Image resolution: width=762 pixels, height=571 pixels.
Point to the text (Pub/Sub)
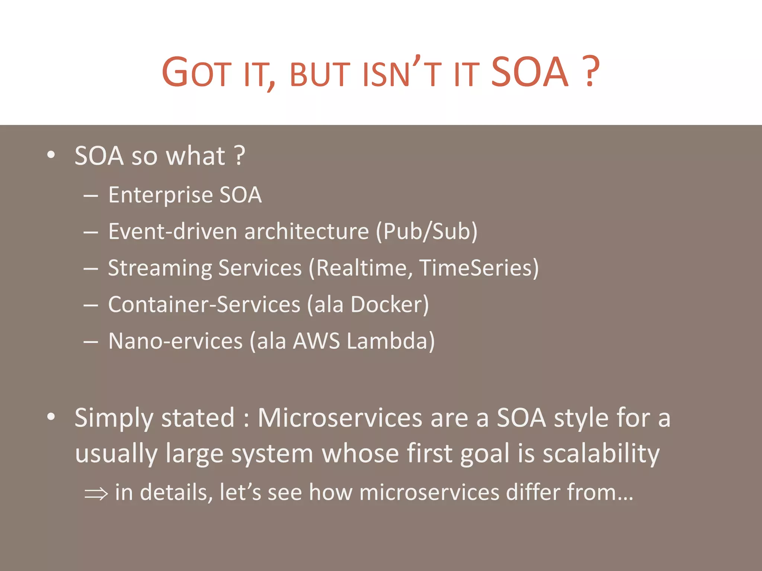pos(427,232)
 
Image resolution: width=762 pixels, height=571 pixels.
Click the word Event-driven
pos(173,232)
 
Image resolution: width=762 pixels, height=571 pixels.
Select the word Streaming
pos(160,268)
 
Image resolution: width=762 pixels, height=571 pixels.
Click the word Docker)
pos(390,305)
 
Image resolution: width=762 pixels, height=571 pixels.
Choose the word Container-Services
pos(204,305)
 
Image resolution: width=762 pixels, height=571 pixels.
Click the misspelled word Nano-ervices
pos(175,341)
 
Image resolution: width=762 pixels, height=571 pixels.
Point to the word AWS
pos(316,341)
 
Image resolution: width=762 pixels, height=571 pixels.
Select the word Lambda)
pos(391,341)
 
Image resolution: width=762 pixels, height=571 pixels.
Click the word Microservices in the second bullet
pos(340,418)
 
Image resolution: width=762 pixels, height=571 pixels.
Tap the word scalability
pos(601,454)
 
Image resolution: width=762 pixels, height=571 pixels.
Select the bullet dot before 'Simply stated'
pos(51,417)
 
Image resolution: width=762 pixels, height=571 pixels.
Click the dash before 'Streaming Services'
pos(91,268)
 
